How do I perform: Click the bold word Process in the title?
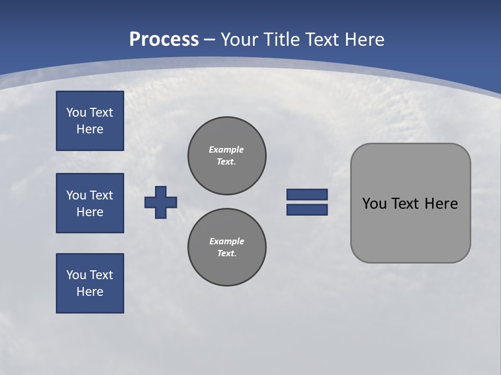pos(164,40)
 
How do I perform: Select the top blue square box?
pos(90,121)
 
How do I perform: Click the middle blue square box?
pos(90,203)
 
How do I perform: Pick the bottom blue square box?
pos(90,283)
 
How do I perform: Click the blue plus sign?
pos(161,202)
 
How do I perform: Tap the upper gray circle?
pos(226,156)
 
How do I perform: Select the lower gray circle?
pos(226,247)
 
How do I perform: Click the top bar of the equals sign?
pos(307,194)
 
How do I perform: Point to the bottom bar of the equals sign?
pos(307,209)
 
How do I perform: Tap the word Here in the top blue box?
pos(90,129)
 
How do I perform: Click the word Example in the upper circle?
pos(226,149)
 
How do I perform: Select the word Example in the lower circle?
pos(226,241)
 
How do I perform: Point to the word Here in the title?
pos(366,40)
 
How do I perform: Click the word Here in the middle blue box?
pos(90,212)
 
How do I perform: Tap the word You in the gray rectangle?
pos(374,204)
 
